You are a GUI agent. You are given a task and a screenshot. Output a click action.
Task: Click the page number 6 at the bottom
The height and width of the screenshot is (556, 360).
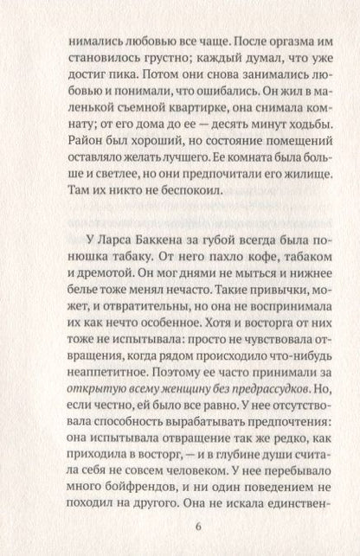pyautogui.click(x=180, y=529)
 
